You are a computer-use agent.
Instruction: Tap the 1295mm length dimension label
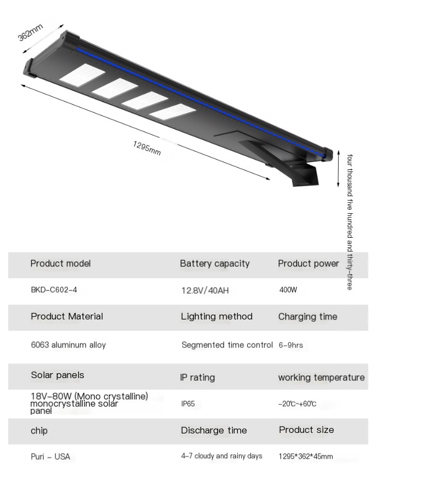tap(147, 148)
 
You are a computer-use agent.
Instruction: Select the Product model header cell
tap(60, 264)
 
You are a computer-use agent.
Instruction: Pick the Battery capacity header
tap(214, 264)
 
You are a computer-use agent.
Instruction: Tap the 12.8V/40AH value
tap(205, 290)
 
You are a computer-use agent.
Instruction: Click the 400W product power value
tap(288, 289)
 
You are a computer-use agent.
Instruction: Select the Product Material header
tap(67, 316)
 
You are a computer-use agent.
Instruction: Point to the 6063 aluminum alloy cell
tap(68, 345)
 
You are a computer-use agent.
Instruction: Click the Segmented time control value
tap(227, 345)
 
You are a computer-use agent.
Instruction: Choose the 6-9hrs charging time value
tap(290, 345)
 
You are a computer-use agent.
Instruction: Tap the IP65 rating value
tap(188, 404)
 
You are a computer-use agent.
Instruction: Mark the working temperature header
tap(321, 377)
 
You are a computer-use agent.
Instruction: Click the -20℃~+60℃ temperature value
tap(297, 404)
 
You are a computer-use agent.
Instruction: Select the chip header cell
tap(39, 431)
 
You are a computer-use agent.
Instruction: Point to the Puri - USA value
tap(50, 456)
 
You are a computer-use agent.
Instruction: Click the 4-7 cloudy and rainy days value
tap(221, 456)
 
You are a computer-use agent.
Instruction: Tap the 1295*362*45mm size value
tap(305, 456)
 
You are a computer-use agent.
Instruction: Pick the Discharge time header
tap(214, 430)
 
